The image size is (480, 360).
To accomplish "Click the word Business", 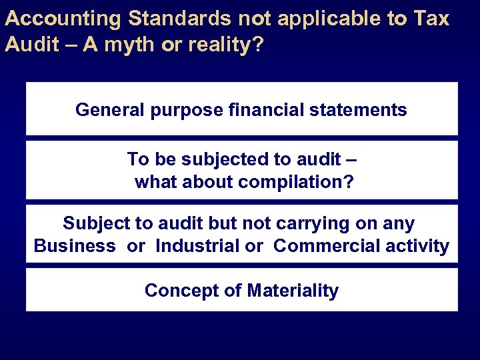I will (x=74, y=246).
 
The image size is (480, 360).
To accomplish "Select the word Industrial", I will (x=197, y=246).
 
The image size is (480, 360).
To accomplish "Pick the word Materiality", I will (x=293, y=291).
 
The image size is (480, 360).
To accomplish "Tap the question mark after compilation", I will (x=349, y=182).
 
